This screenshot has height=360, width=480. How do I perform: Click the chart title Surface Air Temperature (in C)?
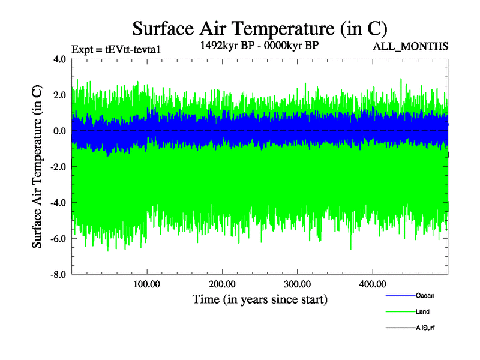pyautogui.click(x=259, y=28)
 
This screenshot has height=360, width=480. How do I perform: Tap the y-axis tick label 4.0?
pyautogui.click(x=60, y=59)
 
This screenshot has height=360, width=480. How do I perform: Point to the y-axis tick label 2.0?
pyautogui.click(x=60, y=95)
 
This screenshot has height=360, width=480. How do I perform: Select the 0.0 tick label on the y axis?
pyautogui.click(x=60, y=131)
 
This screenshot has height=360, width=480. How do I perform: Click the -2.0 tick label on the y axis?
pyautogui.click(x=58, y=167)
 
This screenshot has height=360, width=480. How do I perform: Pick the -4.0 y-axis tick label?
pyautogui.click(x=58, y=203)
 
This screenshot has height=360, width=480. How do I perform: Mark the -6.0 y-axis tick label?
pyautogui.click(x=58, y=239)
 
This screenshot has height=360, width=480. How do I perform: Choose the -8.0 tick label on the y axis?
pyautogui.click(x=58, y=275)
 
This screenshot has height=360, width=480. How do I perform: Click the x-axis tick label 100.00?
pyautogui.click(x=146, y=283)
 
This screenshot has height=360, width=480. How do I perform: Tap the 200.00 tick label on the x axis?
pyautogui.click(x=222, y=283)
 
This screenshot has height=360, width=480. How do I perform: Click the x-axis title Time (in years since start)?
pyautogui.click(x=260, y=299)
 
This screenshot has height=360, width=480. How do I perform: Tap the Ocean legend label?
pyautogui.click(x=425, y=295)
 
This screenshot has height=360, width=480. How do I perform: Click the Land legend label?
pyautogui.click(x=422, y=311)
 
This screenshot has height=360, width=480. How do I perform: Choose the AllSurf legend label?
pyautogui.click(x=425, y=328)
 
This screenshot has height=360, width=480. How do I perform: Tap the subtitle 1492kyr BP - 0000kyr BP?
pyautogui.click(x=259, y=46)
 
